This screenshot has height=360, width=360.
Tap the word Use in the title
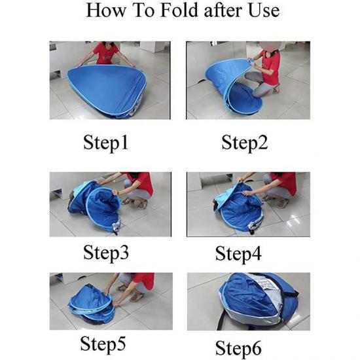coord(264,10)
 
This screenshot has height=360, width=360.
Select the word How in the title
coord(106,10)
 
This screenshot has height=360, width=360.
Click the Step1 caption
coord(105,143)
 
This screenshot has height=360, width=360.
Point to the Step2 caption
coord(244,143)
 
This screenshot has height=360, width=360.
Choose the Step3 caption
coord(106,253)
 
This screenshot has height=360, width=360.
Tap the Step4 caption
coord(238,254)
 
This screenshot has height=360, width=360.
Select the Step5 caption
coord(103,344)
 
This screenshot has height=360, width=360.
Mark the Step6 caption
coord(238,348)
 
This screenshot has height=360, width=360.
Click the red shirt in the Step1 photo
coord(105,53)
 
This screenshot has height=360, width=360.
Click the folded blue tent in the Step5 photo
coord(92,304)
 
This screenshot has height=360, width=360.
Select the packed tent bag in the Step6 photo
coord(257,301)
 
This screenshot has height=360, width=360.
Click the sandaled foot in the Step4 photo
coord(282,203)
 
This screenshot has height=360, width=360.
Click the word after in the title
coord(223,10)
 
